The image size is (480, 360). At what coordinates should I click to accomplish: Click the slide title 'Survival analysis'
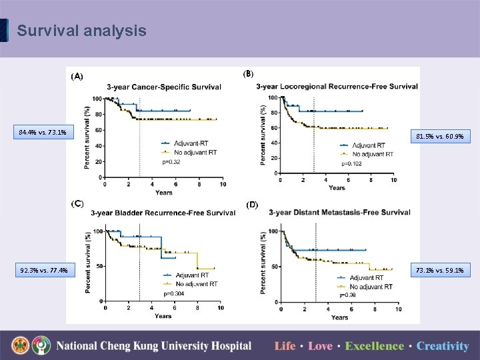81,31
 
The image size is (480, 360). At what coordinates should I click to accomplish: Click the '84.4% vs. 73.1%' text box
42,132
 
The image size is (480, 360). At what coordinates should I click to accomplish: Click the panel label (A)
77,77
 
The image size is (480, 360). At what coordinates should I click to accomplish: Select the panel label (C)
77,203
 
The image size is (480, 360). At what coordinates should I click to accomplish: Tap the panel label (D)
253,205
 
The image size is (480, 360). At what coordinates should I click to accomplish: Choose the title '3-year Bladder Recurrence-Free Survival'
163,213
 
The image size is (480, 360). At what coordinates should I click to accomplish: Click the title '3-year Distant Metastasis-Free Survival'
339,213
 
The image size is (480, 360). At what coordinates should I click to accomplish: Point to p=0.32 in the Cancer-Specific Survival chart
171,162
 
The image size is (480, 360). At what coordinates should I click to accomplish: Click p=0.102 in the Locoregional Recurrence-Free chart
351,163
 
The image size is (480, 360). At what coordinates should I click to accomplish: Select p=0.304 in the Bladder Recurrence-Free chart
174,293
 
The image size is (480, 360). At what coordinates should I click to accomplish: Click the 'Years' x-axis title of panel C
163,316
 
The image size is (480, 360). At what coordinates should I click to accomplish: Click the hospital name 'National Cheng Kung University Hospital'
153,346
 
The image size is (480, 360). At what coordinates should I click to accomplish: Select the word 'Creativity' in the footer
443,346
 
